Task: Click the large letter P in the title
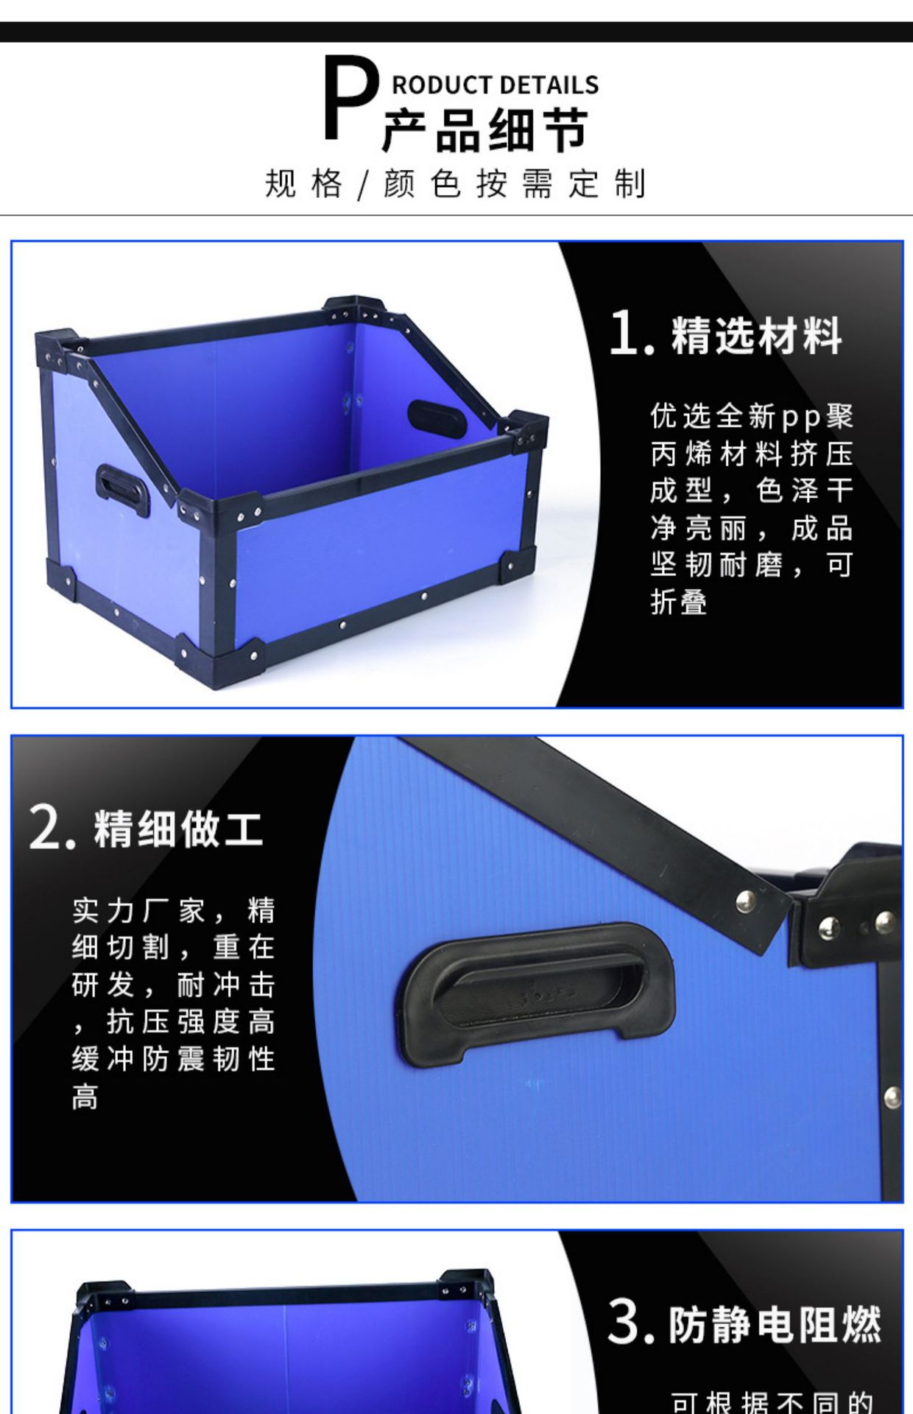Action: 349,99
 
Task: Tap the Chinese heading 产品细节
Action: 484,131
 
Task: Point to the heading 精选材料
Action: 756,336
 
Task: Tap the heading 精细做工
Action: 178,829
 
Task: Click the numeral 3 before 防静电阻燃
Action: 624,1323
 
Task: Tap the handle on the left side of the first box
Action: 121,489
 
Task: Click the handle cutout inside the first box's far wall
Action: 437,418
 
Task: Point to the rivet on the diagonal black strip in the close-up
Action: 744,899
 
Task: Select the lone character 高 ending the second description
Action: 85,1097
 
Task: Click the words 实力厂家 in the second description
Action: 138,911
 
